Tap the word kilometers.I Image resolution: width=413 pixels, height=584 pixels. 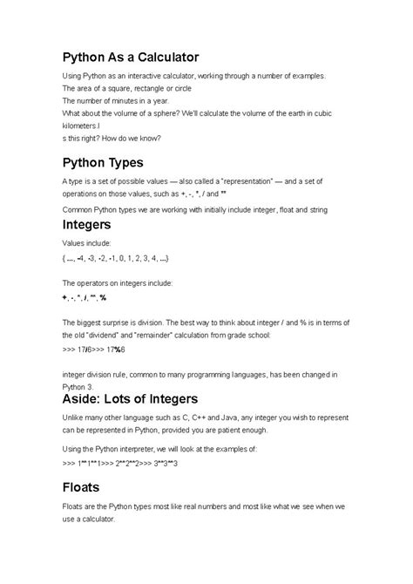[x=84, y=125]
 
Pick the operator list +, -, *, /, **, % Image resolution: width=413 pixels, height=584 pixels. [x=84, y=297]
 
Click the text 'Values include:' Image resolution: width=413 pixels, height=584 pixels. [x=87, y=244]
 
